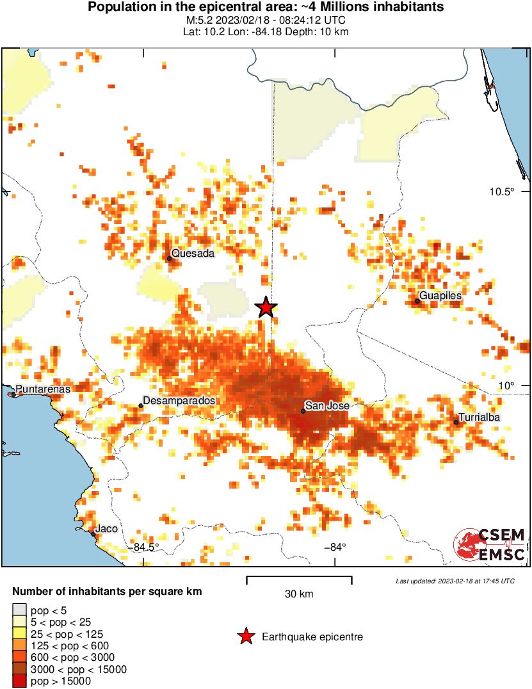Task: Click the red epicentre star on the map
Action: click(266, 307)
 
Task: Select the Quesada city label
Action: click(193, 253)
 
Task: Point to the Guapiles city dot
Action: click(417, 301)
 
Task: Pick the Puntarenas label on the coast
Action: click(43, 389)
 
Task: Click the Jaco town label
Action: click(106, 530)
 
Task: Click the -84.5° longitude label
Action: click(146, 547)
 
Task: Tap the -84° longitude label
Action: click(335, 547)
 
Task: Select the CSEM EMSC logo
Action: click(490, 544)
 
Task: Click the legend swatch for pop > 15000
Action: click(20, 682)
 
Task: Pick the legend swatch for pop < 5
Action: click(20, 610)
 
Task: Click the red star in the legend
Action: click(245, 636)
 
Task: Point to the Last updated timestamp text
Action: click(455, 581)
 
